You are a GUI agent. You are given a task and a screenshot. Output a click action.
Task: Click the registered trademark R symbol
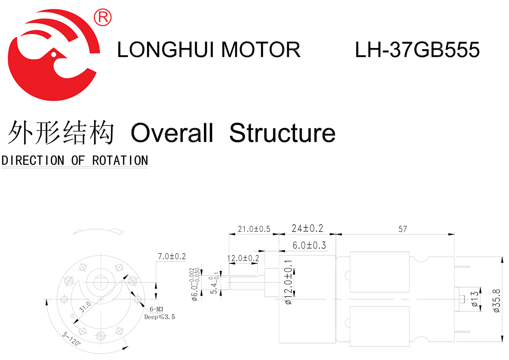pos(103,17)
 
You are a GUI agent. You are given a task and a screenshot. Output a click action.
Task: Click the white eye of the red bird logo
pos(53,54)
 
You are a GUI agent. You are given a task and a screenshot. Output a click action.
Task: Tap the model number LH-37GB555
pos(417,50)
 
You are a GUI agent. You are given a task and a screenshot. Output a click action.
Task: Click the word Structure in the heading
pos(282,133)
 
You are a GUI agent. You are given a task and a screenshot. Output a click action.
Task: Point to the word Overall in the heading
pos(172,133)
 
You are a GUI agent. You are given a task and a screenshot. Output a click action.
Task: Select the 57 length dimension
pos(403,229)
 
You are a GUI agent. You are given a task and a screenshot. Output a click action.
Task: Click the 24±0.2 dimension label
pos(308,229)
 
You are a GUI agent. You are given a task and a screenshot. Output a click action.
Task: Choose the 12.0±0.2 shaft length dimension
pos(243,258)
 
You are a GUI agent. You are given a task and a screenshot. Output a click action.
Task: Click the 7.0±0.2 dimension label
pos(172,256)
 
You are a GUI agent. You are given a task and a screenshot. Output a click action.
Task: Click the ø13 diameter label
pos(475,299)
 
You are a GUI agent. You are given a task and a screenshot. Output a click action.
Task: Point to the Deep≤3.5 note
pos(159,317)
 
